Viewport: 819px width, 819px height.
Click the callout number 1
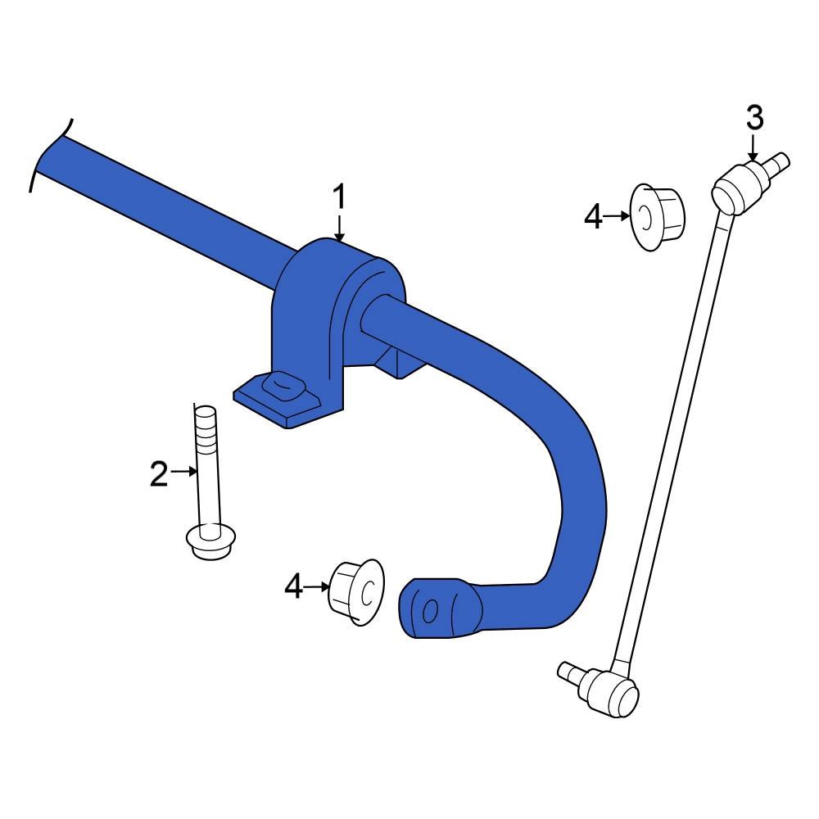tap(339, 197)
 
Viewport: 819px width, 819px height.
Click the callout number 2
tap(159, 473)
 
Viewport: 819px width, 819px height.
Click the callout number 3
tap(753, 118)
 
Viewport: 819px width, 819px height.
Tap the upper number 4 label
tap(593, 217)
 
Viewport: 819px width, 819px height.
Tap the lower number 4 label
tap(294, 586)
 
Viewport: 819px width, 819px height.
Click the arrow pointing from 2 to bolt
tap(185, 471)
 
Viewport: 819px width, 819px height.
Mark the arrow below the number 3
tap(753, 149)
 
